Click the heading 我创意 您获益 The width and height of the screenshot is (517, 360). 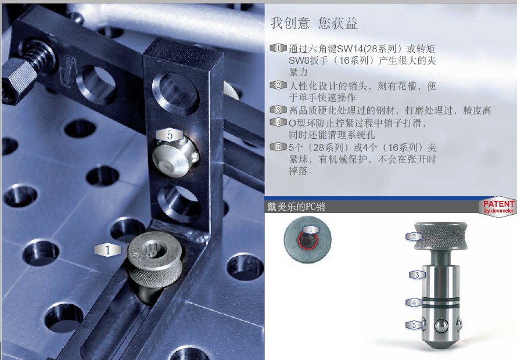(314, 23)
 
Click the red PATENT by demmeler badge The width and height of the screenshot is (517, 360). (498, 207)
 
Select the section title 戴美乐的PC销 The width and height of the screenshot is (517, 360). (296, 207)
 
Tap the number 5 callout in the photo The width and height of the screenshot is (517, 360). (170, 135)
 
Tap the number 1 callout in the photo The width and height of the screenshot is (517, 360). (107, 250)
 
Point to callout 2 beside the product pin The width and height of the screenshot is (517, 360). (414, 236)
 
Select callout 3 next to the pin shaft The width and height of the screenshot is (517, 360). (417, 275)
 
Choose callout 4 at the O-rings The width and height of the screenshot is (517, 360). (414, 303)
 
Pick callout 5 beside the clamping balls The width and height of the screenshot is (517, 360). (414, 325)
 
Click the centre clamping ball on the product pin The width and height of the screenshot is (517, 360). (441, 325)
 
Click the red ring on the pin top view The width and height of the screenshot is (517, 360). (308, 241)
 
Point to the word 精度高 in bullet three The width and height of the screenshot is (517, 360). (477, 110)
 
